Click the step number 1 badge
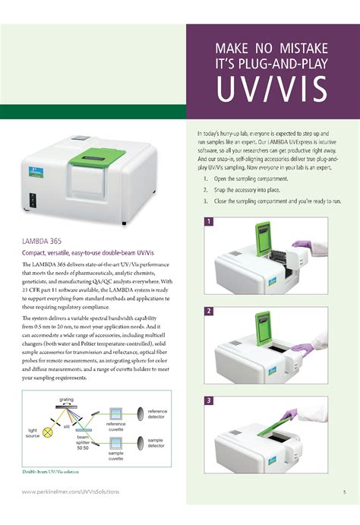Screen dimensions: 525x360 (x=208, y=221)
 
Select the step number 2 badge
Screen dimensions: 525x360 (x=208, y=311)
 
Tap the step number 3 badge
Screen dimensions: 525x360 (x=208, y=400)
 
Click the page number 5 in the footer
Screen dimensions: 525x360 (x=343, y=492)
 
